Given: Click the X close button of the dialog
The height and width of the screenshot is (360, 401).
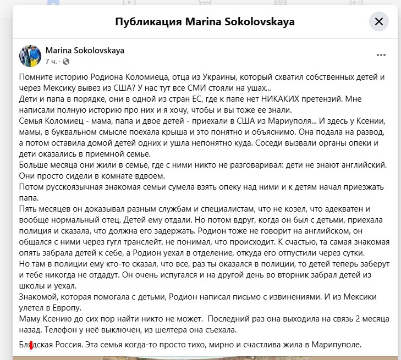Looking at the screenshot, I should [378, 22].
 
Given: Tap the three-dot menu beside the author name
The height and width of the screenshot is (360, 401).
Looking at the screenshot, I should [381, 56].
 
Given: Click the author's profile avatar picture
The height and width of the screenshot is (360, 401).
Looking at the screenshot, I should [30, 56].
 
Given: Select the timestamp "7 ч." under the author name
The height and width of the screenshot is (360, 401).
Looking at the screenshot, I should [51, 60].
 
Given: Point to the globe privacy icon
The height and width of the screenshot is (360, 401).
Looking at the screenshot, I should [66, 60].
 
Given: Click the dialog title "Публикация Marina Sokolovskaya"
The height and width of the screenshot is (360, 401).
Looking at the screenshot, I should [205, 22].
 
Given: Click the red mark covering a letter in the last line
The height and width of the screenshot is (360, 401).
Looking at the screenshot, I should [31, 345].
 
